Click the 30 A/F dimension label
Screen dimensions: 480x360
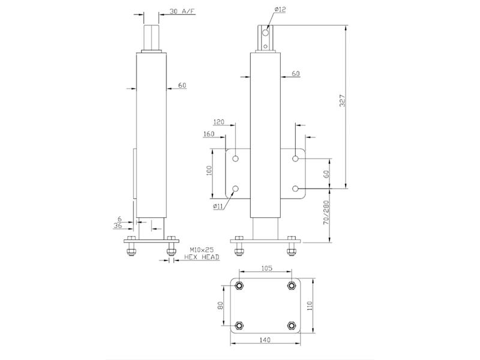182,11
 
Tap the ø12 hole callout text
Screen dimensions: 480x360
280,10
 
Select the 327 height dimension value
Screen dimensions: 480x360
343,101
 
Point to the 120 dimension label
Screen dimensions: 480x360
218,122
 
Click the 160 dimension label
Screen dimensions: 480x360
209,134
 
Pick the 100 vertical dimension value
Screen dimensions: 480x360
209,170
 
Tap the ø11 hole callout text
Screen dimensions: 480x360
218,206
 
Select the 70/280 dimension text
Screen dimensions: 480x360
326,213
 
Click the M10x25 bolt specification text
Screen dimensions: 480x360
202,250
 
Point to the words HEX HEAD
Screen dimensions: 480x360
202,257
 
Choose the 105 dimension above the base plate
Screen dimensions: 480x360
266,268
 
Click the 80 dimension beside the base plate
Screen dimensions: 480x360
220,305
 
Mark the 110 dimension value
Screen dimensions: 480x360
310,305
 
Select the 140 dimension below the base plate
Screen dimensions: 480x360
265,340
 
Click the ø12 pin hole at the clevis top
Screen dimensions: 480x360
265,32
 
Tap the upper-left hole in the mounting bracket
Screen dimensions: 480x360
235,158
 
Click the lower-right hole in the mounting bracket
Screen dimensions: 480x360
295,188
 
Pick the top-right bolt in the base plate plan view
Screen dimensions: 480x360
292,286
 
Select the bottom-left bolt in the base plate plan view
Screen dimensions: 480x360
239,325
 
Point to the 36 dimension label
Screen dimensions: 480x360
118,226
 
